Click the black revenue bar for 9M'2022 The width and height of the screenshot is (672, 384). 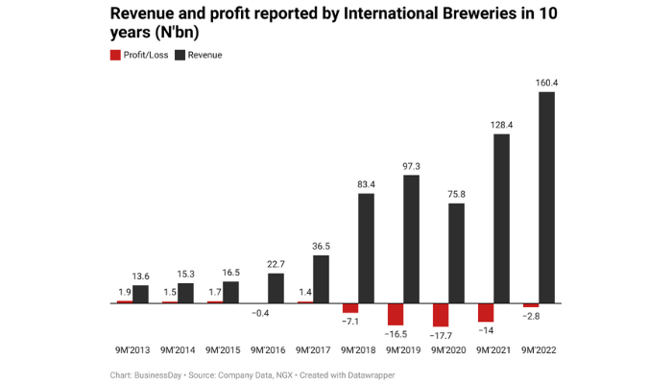pos(547,197)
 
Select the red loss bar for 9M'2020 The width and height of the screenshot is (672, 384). pos(441,315)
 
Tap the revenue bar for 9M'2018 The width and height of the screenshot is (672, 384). pos(366,248)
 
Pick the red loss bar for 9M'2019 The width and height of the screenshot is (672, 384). pos(396,314)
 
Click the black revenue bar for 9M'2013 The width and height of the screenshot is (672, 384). pos(140,294)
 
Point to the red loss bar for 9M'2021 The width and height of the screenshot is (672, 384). pos(486,312)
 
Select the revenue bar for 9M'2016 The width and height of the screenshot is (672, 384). pos(276,288)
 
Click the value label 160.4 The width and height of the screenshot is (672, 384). pos(546,83)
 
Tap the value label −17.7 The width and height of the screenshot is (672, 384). pos(441,336)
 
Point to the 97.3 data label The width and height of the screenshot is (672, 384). pos(411,166)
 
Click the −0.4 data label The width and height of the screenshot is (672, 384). pos(259,313)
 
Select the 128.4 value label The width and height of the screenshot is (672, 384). pos(501,125)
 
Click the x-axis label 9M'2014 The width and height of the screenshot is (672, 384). pos(177,350)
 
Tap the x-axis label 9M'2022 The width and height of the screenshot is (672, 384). pos(539,350)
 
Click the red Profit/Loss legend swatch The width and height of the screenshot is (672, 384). pos(115,55)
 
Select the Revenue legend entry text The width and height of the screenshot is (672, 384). pos(204,55)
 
